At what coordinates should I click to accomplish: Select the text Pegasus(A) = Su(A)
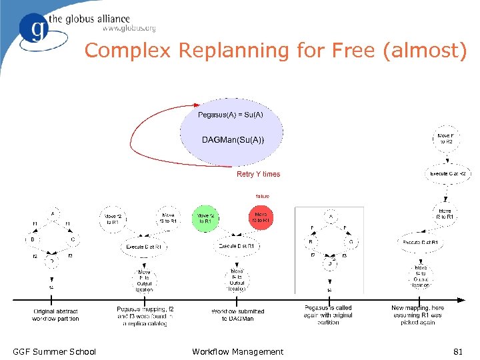(x=231, y=115)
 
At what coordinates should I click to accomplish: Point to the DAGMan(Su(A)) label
(x=233, y=139)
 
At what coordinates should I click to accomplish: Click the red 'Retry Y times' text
(x=258, y=175)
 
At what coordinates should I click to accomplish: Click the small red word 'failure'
(x=263, y=196)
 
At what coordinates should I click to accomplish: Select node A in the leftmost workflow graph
(x=53, y=213)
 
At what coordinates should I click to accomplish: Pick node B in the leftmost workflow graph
(x=32, y=239)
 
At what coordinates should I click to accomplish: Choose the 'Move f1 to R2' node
(x=445, y=138)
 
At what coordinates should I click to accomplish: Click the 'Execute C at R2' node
(x=447, y=173)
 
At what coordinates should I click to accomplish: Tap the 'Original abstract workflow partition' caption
(x=55, y=315)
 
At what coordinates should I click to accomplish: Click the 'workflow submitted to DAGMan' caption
(x=238, y=315)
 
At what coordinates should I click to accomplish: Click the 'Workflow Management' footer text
(x=237, y=351)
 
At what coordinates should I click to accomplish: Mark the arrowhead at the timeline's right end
(x=463, y=299)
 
